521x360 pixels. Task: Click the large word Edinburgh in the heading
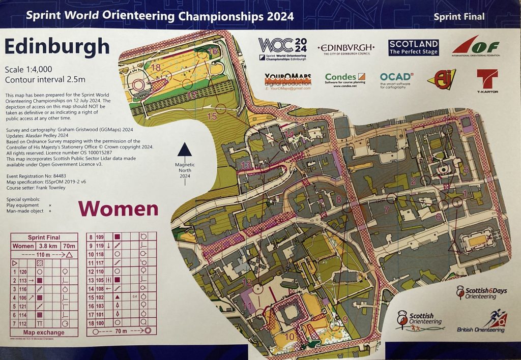[57, 46]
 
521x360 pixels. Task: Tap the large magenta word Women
[118, 208]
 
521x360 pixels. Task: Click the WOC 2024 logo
[282, 49]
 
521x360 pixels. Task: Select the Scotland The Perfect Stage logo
[413, 47]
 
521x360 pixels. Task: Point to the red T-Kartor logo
[487, 81]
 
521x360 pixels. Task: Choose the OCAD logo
[396, 80]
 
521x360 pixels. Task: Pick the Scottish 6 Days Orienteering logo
[476, 292]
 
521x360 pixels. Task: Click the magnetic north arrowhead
[185, 149]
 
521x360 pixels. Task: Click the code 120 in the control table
[23, 272]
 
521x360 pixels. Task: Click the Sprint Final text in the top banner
[458, 17]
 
